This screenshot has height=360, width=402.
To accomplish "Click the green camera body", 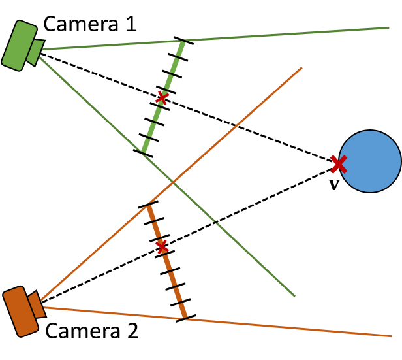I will coord(19,46).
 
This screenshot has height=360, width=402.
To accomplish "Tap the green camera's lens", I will coord(35,52).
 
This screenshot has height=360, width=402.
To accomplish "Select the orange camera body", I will coord(20,312).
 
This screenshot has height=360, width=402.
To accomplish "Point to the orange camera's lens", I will coord(37,305).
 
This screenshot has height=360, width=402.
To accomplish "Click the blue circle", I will coord(370,161).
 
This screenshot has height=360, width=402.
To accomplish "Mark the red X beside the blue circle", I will coord(338,164).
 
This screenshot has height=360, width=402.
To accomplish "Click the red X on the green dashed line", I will coord(162,98).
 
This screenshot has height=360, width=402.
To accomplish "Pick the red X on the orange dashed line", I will coord(162,246).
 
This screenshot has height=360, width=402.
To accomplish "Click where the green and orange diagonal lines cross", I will coord(174,181).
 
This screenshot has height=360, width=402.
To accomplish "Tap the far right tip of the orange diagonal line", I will coord(301,67).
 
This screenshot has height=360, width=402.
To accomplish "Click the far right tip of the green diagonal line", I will coord(294,295).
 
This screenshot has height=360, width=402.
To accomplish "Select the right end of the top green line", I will coord(389,28).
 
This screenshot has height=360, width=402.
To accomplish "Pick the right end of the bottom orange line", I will coord(390,336).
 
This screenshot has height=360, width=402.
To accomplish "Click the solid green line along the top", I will coord(281,35).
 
